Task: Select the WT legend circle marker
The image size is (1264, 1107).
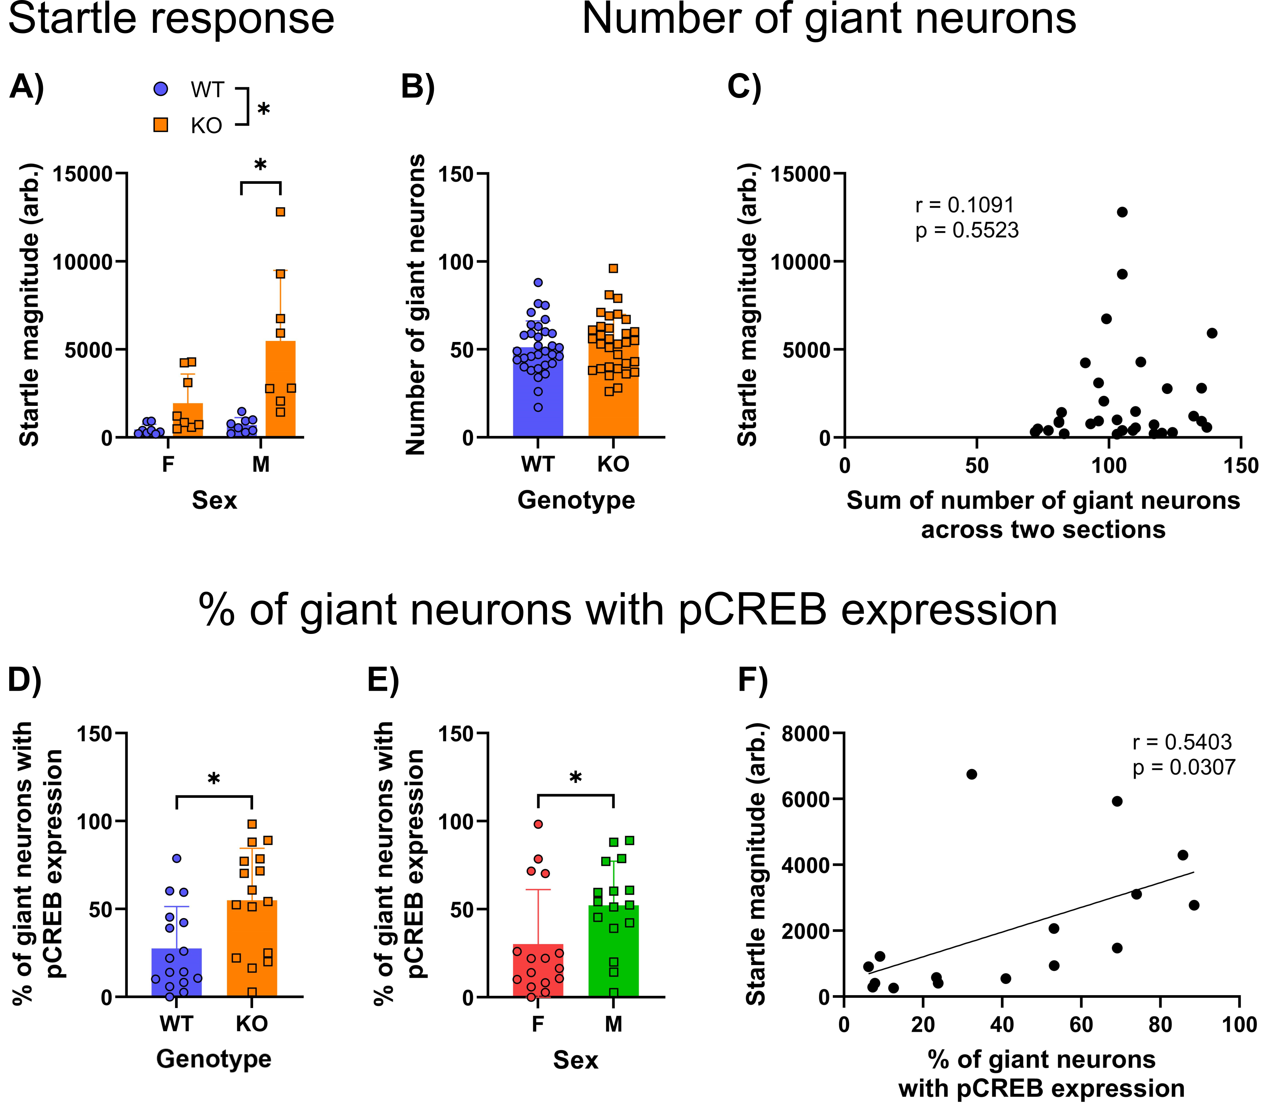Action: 160,89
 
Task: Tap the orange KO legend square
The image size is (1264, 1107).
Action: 160,125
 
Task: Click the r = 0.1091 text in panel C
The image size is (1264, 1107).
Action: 964,205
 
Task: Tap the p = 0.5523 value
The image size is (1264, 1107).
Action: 967,230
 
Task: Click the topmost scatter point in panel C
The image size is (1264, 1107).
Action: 1122,212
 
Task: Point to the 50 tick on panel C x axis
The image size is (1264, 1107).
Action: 977,465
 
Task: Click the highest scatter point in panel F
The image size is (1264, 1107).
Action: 971,774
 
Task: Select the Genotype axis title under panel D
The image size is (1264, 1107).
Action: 214,1059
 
